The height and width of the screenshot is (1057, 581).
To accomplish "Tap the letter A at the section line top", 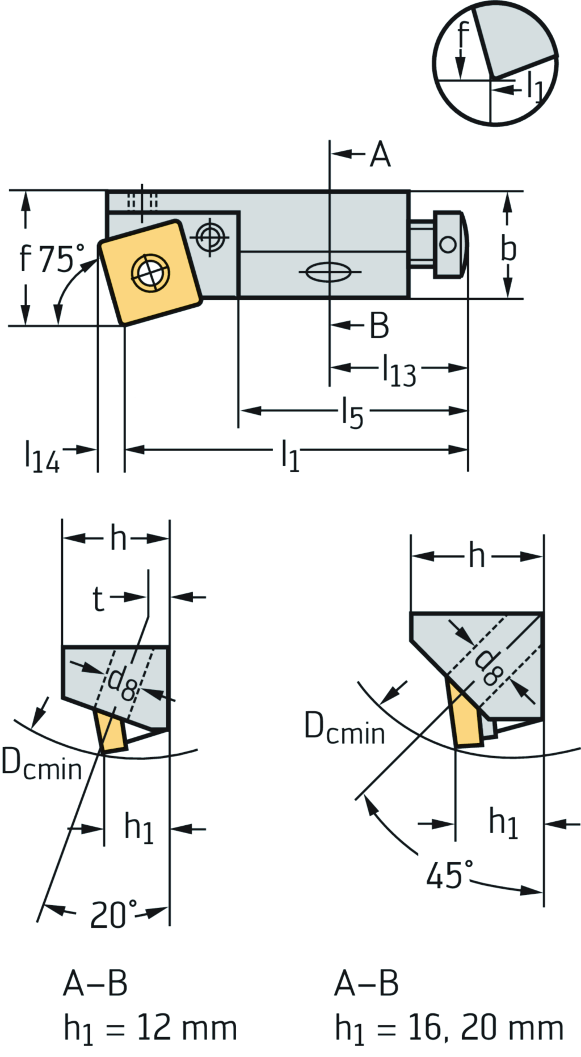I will click(380, 154).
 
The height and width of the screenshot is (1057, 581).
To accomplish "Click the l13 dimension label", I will click(399, 371).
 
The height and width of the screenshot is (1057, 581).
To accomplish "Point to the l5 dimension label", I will click(352, 413).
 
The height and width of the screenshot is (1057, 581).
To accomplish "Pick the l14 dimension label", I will click(41, 456).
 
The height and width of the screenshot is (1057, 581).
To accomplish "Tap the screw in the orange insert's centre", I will click(150, 273).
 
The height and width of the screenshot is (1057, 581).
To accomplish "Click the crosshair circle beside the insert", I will click(210, 236).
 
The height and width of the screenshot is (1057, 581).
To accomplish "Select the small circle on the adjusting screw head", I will click(448, 245).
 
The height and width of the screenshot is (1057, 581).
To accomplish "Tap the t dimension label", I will click(99, 598).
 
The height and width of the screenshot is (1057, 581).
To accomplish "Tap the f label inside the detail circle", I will click(462, 35).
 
